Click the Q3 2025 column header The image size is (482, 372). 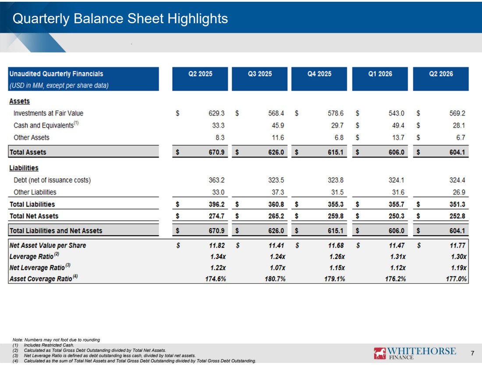pos(260,74)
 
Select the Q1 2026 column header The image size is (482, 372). pos(380,74)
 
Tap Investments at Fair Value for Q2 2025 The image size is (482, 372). pos(216,113)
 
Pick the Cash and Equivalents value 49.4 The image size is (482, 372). pos(398,125)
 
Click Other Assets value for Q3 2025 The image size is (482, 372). pos(278,138)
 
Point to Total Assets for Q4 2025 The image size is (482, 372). pos(335,152)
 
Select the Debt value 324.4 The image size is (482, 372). pos(457,180)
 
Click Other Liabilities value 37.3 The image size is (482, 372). pos(278,192)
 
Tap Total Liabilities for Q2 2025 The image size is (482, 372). pos(216,204)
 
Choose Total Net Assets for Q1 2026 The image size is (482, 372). pos(396,216)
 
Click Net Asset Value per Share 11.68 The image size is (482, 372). pos(336,245)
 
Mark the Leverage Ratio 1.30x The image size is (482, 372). pos(459,256)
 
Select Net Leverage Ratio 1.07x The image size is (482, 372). pos(277,268)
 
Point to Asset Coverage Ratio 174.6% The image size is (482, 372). pos(216,279)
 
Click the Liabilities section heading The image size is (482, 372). pos(24,168)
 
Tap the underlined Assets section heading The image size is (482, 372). pos(19,101)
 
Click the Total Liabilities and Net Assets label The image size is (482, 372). pos(56,230)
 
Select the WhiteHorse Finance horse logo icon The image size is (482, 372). pos(379,353)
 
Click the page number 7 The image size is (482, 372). pos(472,353)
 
